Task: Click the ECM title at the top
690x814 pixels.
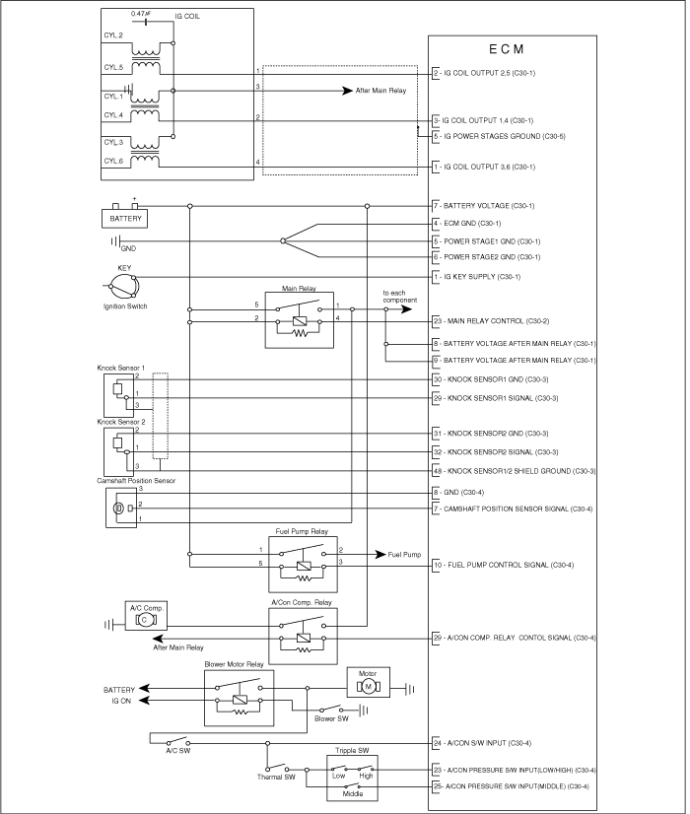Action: pos(507,49)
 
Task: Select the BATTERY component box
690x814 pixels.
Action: pos(124,219)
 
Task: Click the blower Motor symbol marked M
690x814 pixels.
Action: pos(368,683)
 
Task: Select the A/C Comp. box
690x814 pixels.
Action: pos(146,616)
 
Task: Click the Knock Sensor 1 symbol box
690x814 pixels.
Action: pos(119,395)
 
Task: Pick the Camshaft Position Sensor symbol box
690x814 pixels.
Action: pos(121,509)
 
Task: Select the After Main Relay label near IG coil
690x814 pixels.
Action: pos(380,91)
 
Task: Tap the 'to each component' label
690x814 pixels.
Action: pos(400,297)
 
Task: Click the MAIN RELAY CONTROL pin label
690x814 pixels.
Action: pos(491,321)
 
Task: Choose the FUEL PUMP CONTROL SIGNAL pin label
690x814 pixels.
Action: pos(504,565)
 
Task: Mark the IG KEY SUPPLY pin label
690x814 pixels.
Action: pos(477,277)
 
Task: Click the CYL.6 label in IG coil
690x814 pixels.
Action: pos(113,161)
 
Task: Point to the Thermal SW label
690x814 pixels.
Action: pos(276,778)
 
